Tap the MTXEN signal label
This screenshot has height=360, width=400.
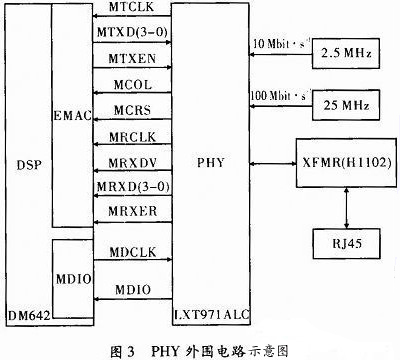tap(131, 60)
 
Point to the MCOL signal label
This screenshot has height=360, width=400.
tap(131, 84)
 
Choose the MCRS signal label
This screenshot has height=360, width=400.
tap(131, 108)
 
